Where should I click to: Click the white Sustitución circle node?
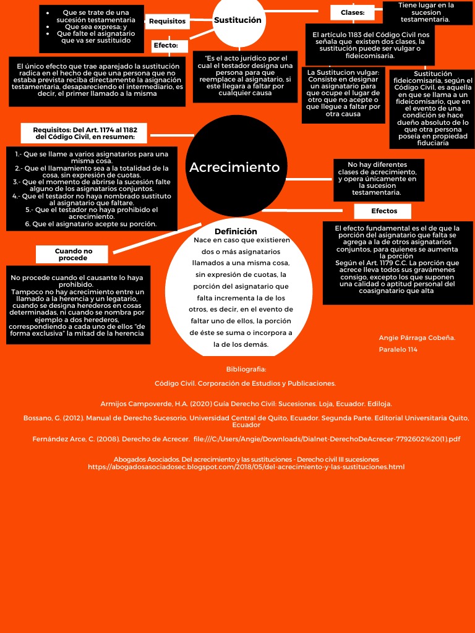tap(238, 21)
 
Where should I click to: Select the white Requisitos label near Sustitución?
tap(167, 21)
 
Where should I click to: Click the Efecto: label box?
tap(169, 46)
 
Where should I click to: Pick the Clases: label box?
tap(353, 12)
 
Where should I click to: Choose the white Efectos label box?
tap(383, 211)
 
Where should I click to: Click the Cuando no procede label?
tap(73, 254)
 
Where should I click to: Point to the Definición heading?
tap(235, 231)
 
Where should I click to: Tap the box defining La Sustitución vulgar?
tap(343, 93)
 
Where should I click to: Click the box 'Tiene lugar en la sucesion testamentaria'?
tap(426, 12)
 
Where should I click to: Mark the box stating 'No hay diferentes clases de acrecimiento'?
tap(377, 180)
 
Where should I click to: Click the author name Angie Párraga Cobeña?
tap(417, 338)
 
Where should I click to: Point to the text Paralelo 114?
tap(398, 349)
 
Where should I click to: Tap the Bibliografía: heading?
tap(246, 369)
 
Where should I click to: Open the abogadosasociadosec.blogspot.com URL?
tap(246, 467)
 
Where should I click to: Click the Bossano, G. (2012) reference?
tap(246, 421)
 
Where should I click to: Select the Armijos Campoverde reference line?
tap(246, 404)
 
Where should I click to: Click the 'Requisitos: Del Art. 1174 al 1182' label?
tap(85, 133)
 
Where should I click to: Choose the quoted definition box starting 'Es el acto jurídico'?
tap(245, 76)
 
